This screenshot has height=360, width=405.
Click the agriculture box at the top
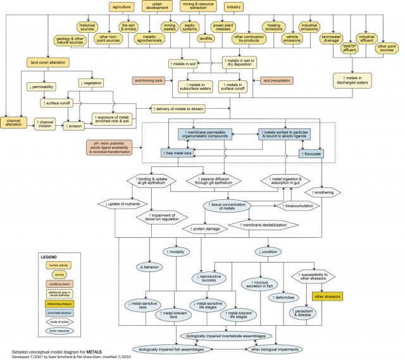point(121,8)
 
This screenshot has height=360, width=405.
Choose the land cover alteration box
point(48,63)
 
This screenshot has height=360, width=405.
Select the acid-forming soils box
point(149,81)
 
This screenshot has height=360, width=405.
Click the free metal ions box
point(178,153)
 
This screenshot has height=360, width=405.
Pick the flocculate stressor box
point(311,153)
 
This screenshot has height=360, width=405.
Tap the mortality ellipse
point(177,252)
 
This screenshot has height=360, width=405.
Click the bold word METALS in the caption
point(91,349)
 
